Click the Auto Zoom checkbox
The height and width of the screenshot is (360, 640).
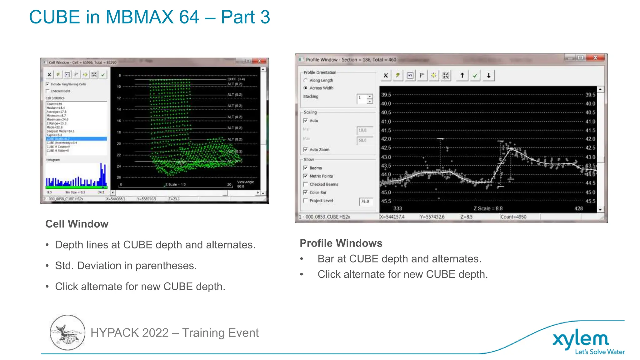pyautogui.click(x=306, y=150)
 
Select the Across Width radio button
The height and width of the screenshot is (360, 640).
pyautogui.click(x=306, y=88)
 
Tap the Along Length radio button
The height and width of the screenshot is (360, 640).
pyautogui.click(x=306, y=80)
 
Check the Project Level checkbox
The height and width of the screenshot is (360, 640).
pyautogui.click(x=306, y=201)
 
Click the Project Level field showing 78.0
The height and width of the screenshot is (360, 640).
pyautogui.click(x=365, y=201)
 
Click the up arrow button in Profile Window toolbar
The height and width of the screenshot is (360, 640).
pyautogui.click(x=462, y=75)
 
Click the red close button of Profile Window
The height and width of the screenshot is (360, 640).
pyautogui.click(x=595, y=58)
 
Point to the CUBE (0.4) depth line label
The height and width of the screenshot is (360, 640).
pyautogui.click(x=236, y=79)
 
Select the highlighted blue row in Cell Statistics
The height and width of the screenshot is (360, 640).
pyautogui.click(x=76, y=139)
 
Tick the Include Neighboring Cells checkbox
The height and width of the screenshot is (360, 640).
pyautogui.click(x=47, y=84)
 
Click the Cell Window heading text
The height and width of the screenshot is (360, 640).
pyautogui.click(x=77, y=224)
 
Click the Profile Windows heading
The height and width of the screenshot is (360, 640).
pyautogui.click(x=341, y=243)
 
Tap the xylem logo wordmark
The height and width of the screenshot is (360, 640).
pyautogui.click(x=581, y=339)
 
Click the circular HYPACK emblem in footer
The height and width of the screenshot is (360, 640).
pyautogui.click(x=67, y=332)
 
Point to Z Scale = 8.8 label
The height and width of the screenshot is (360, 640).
pyautogui.click(x=488, y=208)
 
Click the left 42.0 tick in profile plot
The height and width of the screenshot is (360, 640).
pyautogui.click(x=386, y=139)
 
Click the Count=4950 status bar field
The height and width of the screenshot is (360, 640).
pyautogui.click(x=513, y=217)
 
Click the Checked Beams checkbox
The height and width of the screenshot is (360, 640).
pyautogui.click(x=306, y=184)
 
